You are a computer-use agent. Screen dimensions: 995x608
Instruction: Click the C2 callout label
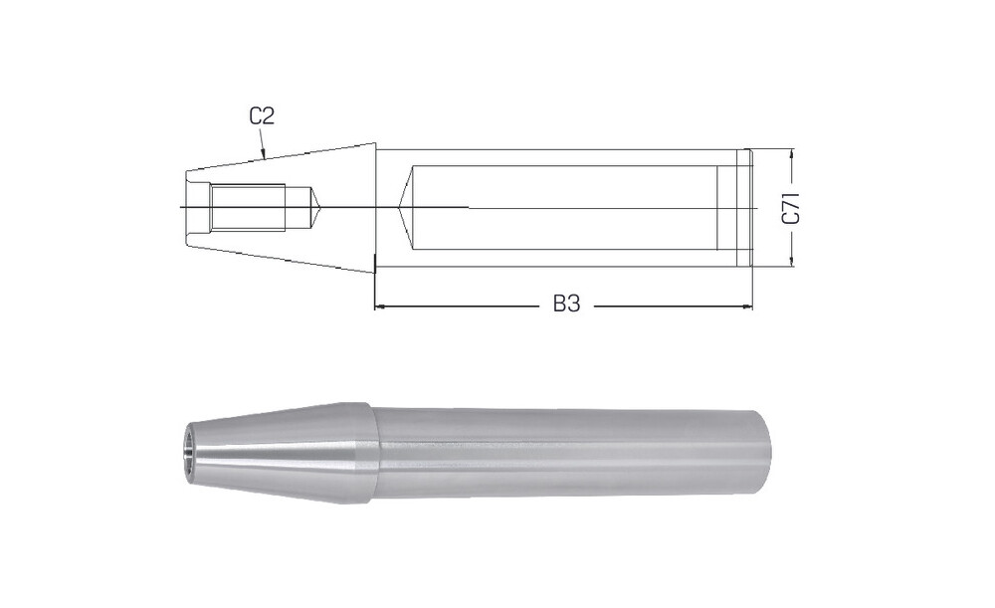click(262, 116)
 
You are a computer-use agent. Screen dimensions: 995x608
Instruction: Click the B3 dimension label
click(567, 304)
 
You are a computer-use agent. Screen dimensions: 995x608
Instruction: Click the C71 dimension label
click(791, 208)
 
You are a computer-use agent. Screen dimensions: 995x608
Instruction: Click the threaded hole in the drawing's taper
click(248, 208)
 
